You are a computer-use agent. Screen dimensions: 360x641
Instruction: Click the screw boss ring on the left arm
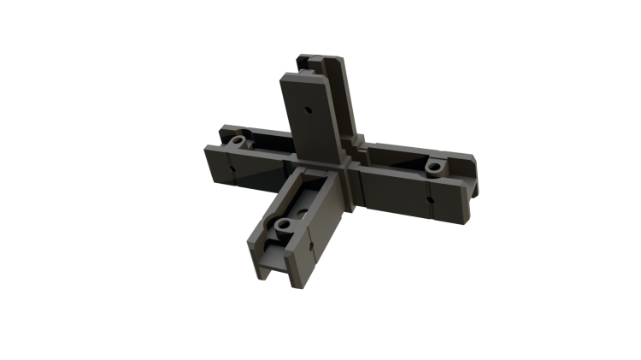pyautogui.click(x=239, y=139)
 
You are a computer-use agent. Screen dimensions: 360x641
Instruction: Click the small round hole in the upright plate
pyautogui.click(x=308, y=110)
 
